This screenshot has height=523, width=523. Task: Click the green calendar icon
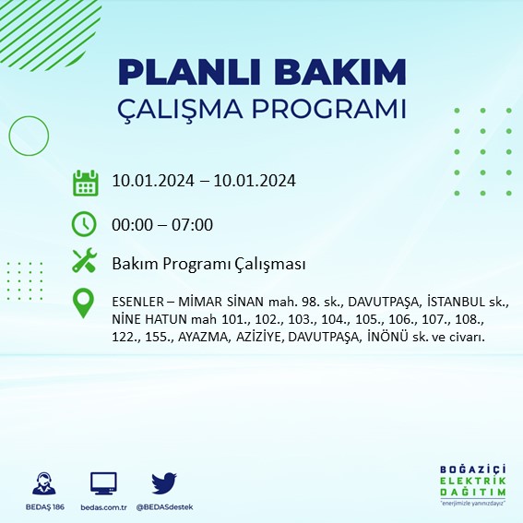(x=85, y=182)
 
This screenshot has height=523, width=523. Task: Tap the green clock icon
(x=85, y=223)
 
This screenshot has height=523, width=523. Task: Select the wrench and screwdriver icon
(x=85, y=263)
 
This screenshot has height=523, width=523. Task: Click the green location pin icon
(x=85, y=304)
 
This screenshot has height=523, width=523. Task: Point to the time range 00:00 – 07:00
(x=162, y=224)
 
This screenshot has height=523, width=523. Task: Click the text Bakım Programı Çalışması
(x=208, y=264)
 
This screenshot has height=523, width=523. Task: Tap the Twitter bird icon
(x=163, y=483)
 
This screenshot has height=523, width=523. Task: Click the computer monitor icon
(x=103, y=483)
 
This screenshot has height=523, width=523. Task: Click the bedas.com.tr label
(x=102, y=507)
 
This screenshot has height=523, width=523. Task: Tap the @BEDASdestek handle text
(x=163, y=507)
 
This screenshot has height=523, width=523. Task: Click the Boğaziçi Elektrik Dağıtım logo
(x=472, y=485)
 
